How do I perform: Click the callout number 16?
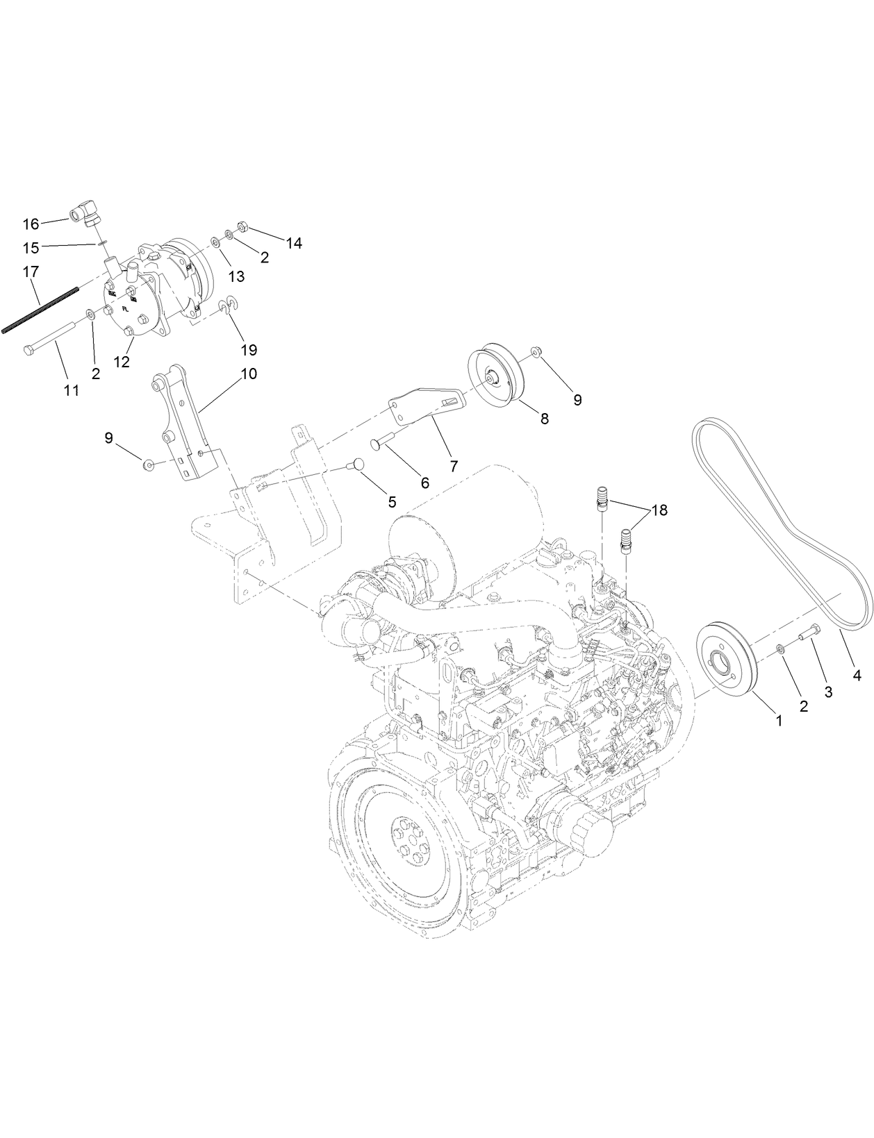[31, 224]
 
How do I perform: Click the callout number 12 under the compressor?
[122, 362]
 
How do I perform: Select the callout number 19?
[248, 350]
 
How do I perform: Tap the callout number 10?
[248, 374]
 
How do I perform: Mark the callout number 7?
[453, 467]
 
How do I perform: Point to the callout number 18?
[659, 510]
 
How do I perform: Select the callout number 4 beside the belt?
[857, 674]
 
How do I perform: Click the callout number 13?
[236, 276]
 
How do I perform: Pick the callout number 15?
[31, 246]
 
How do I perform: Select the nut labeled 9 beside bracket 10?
[148, 464]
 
